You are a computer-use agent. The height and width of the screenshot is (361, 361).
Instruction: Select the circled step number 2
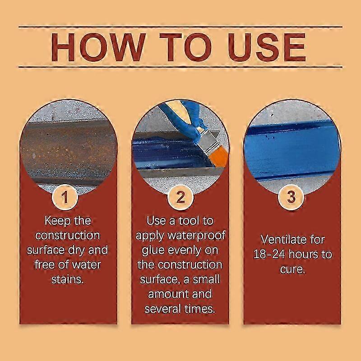click(180, 197)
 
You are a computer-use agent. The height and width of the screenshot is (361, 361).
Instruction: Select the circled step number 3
click(292, 197)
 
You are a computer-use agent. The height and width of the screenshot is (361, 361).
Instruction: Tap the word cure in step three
click(292, 269)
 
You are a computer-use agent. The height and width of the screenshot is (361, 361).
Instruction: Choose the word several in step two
click(164, 309)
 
